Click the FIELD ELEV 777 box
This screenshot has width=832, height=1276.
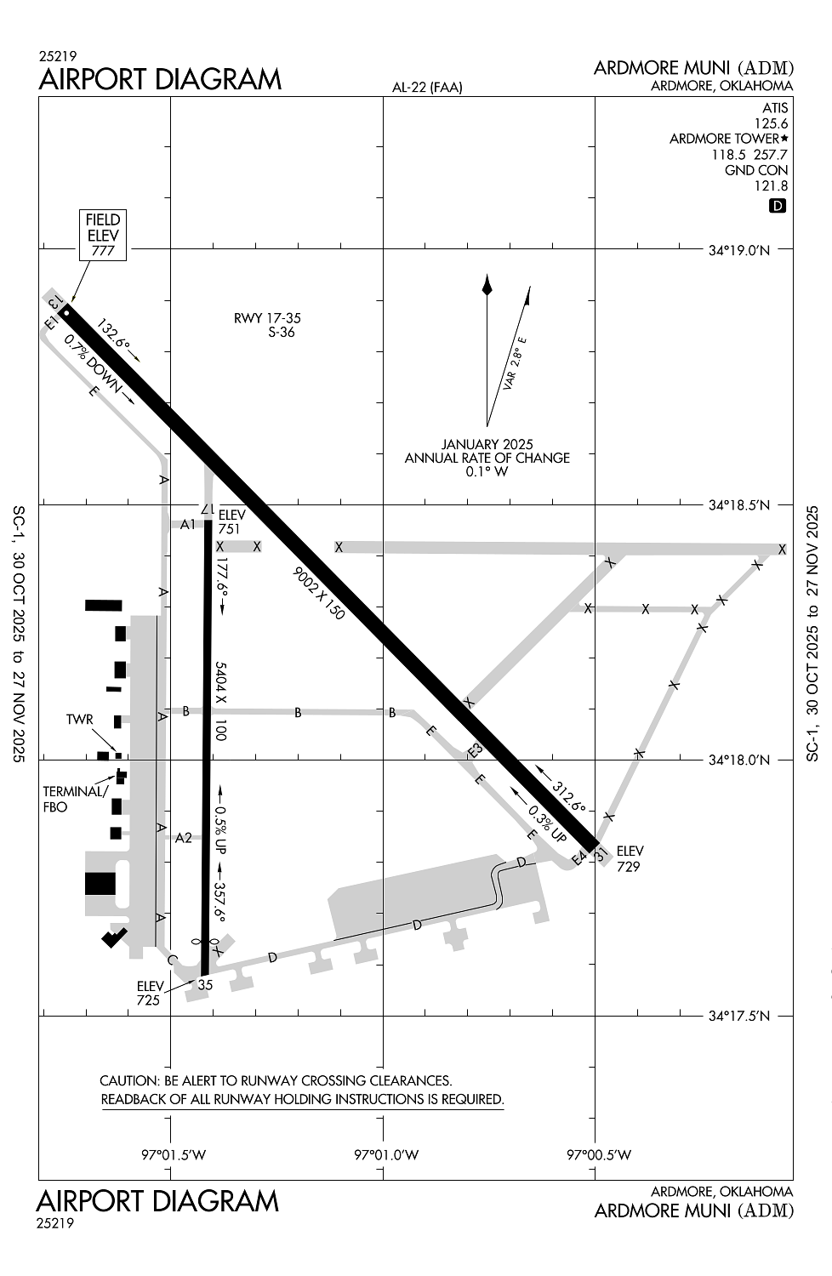pos(103,235)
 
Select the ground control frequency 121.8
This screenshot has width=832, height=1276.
pos(771,185)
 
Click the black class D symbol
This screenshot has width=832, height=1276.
pos(777,206)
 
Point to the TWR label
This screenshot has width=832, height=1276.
pos(79,720)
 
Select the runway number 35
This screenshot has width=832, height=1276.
pos(205,985)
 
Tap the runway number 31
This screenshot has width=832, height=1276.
pos(601,854)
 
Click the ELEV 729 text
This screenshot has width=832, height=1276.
pos(630,858)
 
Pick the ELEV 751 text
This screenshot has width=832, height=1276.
pos(231,521)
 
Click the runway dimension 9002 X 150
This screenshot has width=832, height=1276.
pos(319,593)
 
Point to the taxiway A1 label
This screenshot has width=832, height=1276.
pos(188,524)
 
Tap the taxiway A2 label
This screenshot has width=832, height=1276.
pos(184,838)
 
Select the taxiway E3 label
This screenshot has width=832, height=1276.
pos(475,750)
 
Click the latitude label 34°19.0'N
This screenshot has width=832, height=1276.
pos(738,250)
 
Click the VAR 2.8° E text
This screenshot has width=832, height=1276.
pos(515,363)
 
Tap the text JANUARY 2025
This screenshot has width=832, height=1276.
pos(487,444)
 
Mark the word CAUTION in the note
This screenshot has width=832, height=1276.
pos(129,1080)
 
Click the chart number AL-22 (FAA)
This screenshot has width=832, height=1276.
pos(427,87)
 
